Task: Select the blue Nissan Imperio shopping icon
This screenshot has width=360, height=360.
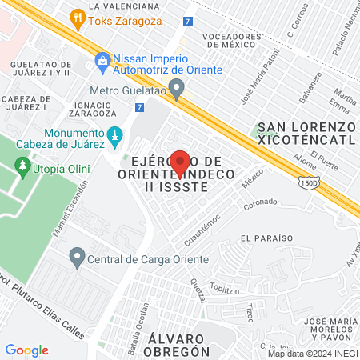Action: (x=102, y=61)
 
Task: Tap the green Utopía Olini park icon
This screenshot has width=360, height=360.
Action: (x=22, y=167)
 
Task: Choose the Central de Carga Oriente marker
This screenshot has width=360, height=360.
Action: (x=78, y=258)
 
